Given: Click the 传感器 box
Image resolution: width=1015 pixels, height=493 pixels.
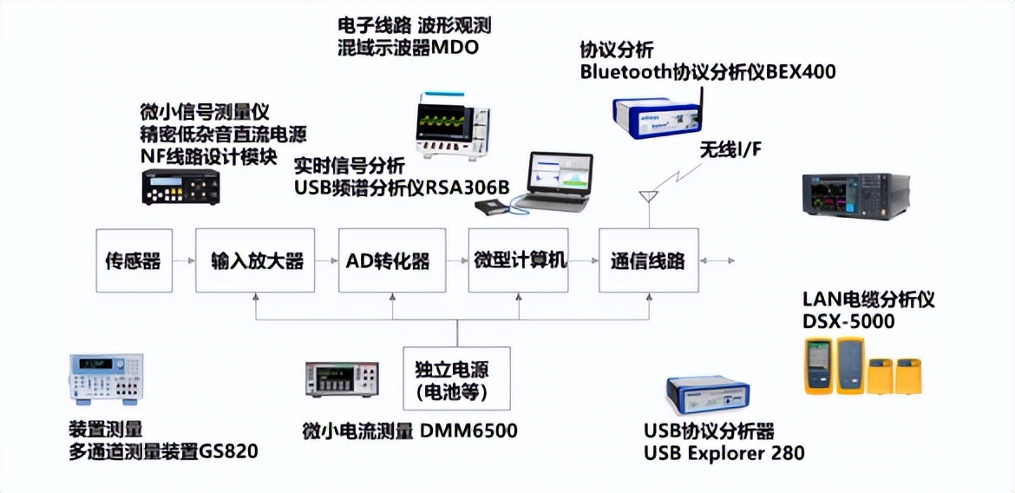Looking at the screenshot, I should [x=133, y=260].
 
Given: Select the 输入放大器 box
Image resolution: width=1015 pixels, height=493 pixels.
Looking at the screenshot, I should [x=257, y=260].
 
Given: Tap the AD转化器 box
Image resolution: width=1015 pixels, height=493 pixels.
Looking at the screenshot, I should [x=391, y=260].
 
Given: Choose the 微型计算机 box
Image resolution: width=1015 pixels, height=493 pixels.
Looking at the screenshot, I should [x=520, y=260].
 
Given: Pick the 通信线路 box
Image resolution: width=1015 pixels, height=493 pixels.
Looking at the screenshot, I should [x=648, y=260].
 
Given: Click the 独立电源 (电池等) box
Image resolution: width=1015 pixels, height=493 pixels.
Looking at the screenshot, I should [x=457, y=379].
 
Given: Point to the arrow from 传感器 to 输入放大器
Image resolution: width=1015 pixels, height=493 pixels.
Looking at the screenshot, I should [x=182, y=260].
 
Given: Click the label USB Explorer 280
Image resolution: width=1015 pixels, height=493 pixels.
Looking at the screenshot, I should [x=724, y=452].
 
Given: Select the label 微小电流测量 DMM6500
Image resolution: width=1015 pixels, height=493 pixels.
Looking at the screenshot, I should [x=409, y=431].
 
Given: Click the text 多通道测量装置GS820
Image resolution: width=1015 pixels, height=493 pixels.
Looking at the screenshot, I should [x=163, y=451].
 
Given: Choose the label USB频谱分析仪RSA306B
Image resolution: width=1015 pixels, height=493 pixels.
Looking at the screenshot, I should [x=401, y=184].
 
